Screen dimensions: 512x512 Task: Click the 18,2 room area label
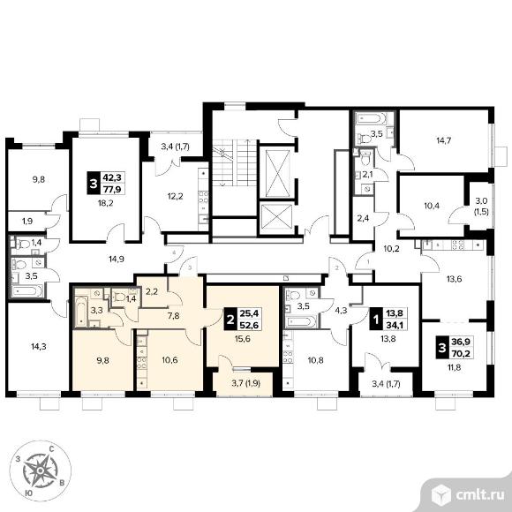coord(105,203)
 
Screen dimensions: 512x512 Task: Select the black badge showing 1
coord(376,320)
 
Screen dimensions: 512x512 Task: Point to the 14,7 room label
coord(443,140)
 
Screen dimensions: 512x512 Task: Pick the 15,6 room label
coord(242,339)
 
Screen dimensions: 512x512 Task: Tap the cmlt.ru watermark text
coord(479,495)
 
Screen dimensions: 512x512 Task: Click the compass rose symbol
coord(40,471)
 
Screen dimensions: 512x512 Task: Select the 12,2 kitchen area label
coord(175,197)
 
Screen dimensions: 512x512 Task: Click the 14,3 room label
coord(39,347)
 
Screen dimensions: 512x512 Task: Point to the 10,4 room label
coord(432,206)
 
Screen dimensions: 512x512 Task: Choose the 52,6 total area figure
coord(249,325)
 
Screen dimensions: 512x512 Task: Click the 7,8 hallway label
coord(173,316)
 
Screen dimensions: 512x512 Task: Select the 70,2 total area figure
coord(461,352)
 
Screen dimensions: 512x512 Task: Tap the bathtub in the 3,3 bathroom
coord(81,312)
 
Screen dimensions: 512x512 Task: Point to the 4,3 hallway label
coord(342,311)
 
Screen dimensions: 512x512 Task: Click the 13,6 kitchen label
coord(455,279)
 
